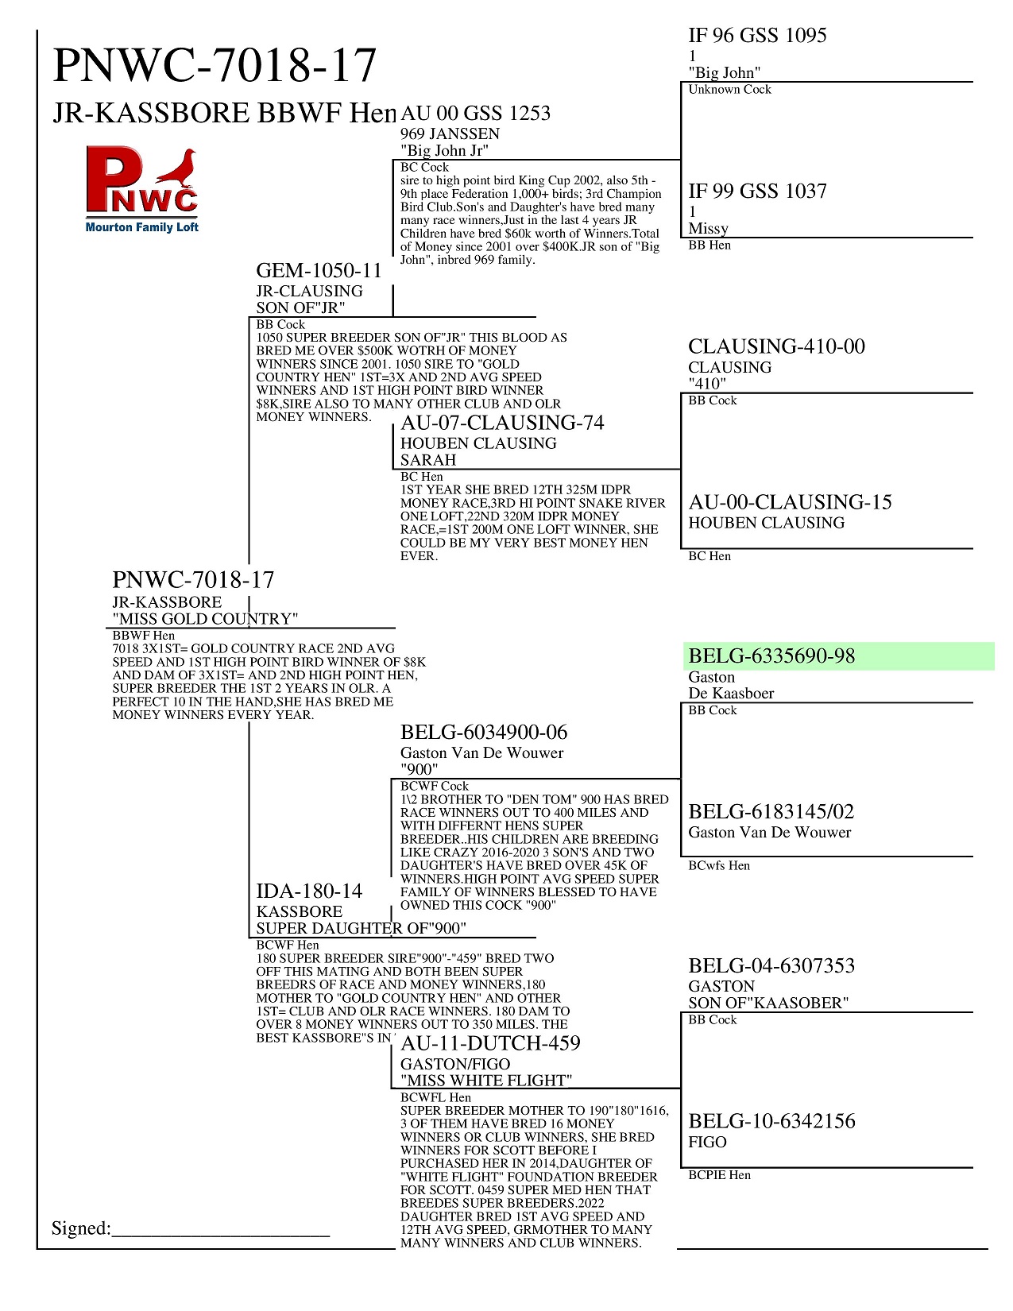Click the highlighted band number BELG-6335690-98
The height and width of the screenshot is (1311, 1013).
771,656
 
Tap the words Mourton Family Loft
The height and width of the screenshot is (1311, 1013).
142,227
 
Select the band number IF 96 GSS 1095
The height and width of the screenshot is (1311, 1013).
757,36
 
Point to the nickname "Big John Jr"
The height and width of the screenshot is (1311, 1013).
444,151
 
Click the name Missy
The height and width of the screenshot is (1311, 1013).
708,229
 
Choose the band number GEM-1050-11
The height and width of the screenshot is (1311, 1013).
319,271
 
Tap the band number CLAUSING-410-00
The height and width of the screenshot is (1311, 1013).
776,346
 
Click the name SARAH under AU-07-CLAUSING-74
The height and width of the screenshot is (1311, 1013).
428,460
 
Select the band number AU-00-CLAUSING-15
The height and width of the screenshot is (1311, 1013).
790,502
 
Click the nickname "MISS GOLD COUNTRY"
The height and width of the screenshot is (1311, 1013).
206,619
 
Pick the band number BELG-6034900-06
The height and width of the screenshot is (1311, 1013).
484,733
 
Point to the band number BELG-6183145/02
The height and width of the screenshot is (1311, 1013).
771,812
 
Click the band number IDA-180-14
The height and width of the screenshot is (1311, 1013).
309,891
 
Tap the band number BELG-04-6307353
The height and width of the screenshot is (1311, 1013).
771,966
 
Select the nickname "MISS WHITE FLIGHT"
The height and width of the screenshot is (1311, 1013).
486,1081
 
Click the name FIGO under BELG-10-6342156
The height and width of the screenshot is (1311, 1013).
707,1143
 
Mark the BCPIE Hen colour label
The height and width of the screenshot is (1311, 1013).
719,1175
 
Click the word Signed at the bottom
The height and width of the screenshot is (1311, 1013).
81,1228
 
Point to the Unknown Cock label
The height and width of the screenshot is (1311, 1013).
729,90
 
